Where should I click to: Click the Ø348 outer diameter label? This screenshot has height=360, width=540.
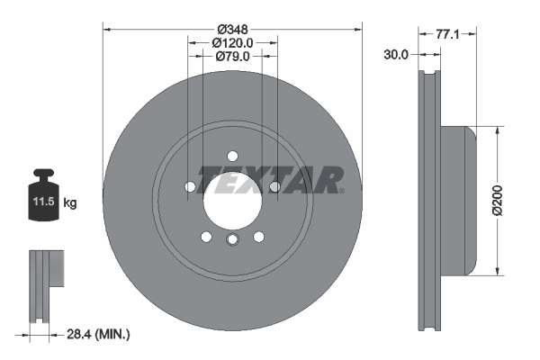tap(232, 28)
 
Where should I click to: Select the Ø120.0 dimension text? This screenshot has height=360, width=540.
tap(232, 42)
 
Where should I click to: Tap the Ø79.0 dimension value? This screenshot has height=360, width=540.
tap(232, 57)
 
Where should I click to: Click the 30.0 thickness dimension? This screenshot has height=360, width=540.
tap(396, 54)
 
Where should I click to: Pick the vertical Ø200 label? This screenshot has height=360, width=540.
tap(510, 200)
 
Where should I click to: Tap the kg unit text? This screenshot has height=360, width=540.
tap(69, 203)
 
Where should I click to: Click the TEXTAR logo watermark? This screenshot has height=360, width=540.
tap(270, 179)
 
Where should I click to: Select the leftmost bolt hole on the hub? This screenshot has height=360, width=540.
tap(189, 186)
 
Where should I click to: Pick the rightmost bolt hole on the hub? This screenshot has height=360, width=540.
tap(274, 186)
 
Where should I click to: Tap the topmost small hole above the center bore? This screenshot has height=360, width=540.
tap(231, 155)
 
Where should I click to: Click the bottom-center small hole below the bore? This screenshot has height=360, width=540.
tap(231, 238)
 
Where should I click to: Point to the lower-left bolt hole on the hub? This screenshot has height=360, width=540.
tap(205, 237)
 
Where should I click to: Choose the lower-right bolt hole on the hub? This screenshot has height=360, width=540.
tap(258, 237)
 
